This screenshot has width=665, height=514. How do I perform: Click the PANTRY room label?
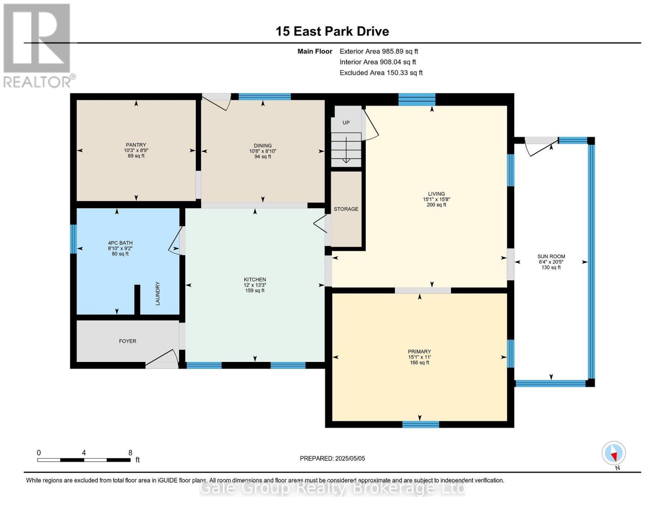point(136,145)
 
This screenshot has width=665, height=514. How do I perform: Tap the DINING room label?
point(262,146)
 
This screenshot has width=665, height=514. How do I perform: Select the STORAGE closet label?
point(346,209)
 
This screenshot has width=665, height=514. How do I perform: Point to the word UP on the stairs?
point(346,123)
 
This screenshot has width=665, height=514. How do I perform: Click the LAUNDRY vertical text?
point(158,293)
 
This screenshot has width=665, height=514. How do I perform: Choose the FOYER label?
point(128,341)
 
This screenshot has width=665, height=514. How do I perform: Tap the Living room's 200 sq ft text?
point(436,205)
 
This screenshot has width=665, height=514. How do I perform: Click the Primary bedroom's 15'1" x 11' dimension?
point(419,357)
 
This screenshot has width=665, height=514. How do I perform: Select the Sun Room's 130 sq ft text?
point(551,267)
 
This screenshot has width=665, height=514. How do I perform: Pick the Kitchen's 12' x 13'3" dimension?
point(255,285)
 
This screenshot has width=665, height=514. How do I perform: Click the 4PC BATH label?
point(120,243)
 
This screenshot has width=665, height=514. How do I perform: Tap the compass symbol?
point(614,453)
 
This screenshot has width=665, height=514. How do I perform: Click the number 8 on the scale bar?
point(130,453)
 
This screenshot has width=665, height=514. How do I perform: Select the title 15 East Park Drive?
point(332,31)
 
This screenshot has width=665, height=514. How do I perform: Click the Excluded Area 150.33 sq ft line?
point(381,73)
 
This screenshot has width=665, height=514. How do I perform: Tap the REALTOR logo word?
point(37,82)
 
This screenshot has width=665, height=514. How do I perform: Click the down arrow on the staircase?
point(346,150)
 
